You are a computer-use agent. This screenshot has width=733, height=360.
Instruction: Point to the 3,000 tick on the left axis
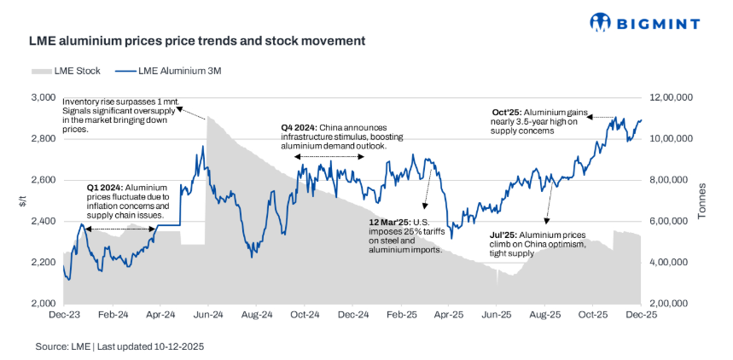point(43,98)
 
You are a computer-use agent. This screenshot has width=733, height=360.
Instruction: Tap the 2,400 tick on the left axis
point(43,221)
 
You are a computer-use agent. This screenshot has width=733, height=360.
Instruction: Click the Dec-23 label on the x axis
point(65,315)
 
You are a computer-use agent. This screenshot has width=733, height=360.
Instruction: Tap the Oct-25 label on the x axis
point(593,315)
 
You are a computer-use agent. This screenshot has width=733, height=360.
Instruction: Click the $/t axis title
point(19,201)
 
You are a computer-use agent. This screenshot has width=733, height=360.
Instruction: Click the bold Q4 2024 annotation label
point(300,128)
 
